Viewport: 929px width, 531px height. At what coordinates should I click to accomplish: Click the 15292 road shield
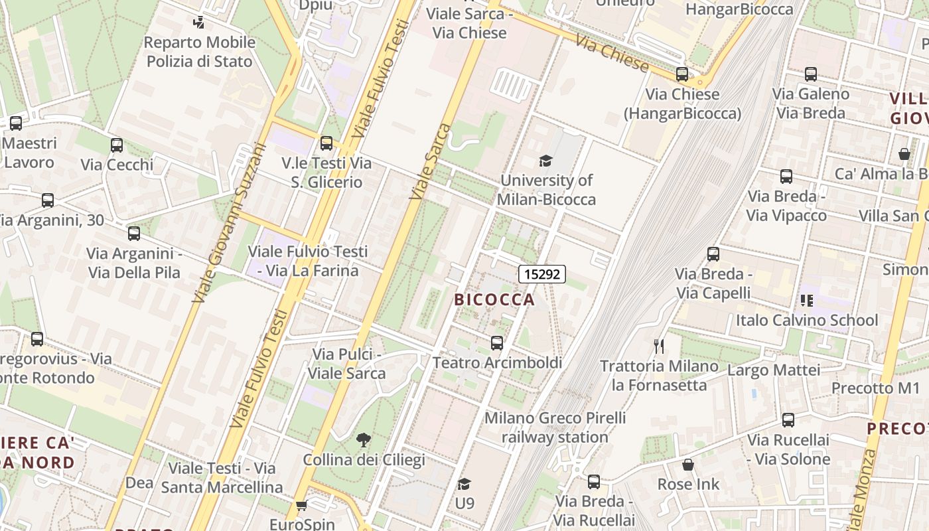pos(541,273)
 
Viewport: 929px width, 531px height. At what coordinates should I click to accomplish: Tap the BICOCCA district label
pos(494,299)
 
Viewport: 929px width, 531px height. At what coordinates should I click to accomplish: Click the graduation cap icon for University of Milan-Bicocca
pos(545,161)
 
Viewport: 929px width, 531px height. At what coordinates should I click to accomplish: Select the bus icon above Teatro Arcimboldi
pos(496,342)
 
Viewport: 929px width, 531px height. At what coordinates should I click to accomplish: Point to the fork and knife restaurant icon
pos(658,346)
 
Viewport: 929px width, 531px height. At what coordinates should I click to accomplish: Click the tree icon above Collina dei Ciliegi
pos(363,439)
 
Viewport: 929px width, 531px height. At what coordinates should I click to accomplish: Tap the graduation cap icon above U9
pos(464,484)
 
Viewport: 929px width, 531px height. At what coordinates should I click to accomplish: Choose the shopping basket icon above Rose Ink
pos(688,465)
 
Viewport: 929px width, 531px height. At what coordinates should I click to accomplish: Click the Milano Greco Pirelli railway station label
pos(555,427)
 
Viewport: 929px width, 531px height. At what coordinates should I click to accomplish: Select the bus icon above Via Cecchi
pos(117,145)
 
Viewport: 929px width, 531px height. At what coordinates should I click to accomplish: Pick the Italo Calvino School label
pos(806,320)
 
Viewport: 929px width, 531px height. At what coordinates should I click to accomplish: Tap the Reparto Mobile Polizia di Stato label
pos(200,52)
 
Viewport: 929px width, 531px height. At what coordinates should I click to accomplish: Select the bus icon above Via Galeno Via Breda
pos(810,74)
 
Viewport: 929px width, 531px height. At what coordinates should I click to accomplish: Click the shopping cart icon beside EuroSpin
pos(301,506)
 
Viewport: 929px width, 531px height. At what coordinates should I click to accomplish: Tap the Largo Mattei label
pos(774,370)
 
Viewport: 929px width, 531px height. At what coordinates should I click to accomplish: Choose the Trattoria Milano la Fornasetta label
pos(659,375)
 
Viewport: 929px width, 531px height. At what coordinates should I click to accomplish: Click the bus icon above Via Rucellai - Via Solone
pos(788,420)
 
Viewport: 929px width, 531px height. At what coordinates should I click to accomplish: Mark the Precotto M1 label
pos(875,388)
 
